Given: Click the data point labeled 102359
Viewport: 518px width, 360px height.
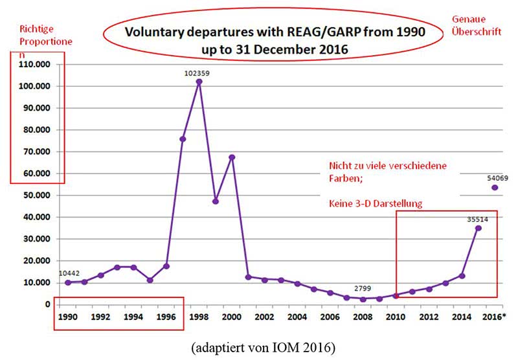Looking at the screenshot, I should coord(199,82).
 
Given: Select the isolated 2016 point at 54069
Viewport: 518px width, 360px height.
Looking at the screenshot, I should coord(495,188).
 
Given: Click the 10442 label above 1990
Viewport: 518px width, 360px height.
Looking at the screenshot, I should coord(69,274).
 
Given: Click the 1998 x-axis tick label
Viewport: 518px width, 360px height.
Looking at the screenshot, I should coord(199,318).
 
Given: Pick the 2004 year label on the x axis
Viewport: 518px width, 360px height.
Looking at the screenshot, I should coord(297,318).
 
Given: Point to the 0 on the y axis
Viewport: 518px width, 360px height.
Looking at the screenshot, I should coord(47,304).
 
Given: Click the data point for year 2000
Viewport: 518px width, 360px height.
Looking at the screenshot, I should coord(232,157).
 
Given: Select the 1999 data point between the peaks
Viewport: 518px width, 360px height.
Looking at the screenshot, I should coord(215,201).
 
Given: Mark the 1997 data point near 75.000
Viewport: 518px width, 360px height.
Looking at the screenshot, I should coord(183,139).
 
